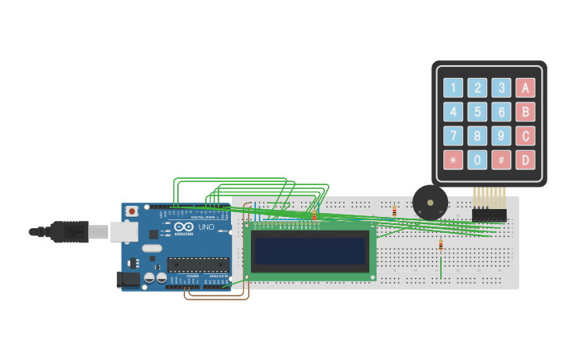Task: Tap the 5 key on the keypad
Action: tap(477, 112)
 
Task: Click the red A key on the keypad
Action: tap(525, 88)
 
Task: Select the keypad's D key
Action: tap(525, 160)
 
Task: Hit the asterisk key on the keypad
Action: tap(453, 160)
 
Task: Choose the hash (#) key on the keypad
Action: tap(501, 160)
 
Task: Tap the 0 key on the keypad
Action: tap(477, 160)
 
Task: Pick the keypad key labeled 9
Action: tap(501, 136)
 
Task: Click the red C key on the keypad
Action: tap(525, 136)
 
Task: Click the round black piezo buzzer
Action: tap(430, 203)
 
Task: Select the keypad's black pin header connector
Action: tap(489, 215)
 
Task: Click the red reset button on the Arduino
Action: tap(131, 211)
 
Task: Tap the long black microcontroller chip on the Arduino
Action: tap(198, 265)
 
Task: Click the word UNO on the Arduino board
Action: tap(206, 227)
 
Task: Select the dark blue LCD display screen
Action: tap(310, 251)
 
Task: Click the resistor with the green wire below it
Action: tap(441, 246)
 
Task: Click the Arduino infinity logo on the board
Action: tap(184, 226)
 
